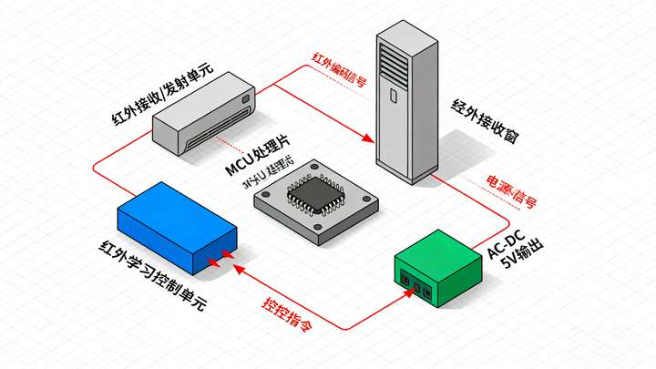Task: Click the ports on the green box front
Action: [417, 289]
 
